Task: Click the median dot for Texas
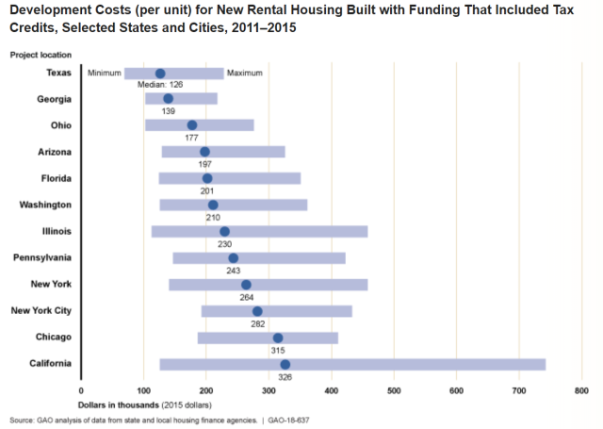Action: point(160,74)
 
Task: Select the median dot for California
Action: point(285,364)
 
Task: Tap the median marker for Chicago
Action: point(278,338)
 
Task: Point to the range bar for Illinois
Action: point(259,232)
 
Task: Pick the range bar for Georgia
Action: point(181,99)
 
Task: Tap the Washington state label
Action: point(45,205)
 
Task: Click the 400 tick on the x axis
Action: point(331,389)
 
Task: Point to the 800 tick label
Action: point(581,389)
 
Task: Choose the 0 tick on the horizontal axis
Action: point(82,389)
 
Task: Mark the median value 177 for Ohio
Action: point(192,139)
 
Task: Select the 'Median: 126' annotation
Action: point(160,86)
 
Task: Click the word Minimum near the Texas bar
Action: point(104,74)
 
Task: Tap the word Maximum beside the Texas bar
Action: point(244,74)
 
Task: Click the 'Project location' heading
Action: point(41,56)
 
